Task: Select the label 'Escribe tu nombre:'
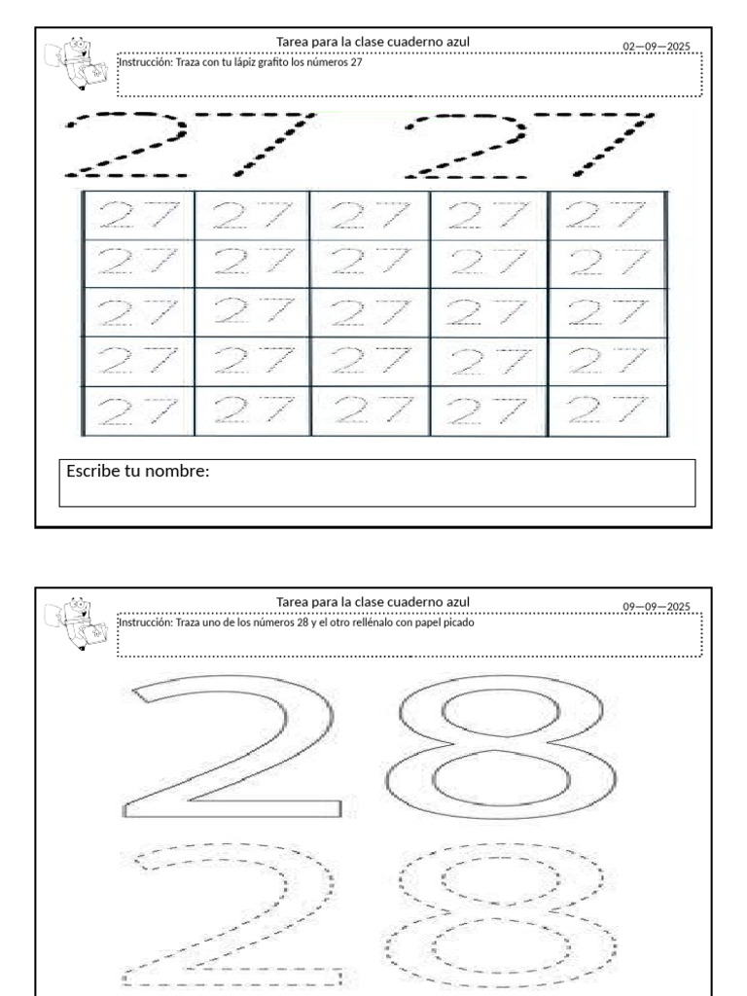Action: (x=138, y=472)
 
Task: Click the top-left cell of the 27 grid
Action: (x=138, y=215)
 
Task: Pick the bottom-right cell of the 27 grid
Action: (x=607, y=411)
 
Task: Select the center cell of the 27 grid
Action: (x=370, y=313)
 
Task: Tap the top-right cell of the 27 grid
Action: (x=607, y=215)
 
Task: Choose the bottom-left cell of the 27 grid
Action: (x=138, y=411)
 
